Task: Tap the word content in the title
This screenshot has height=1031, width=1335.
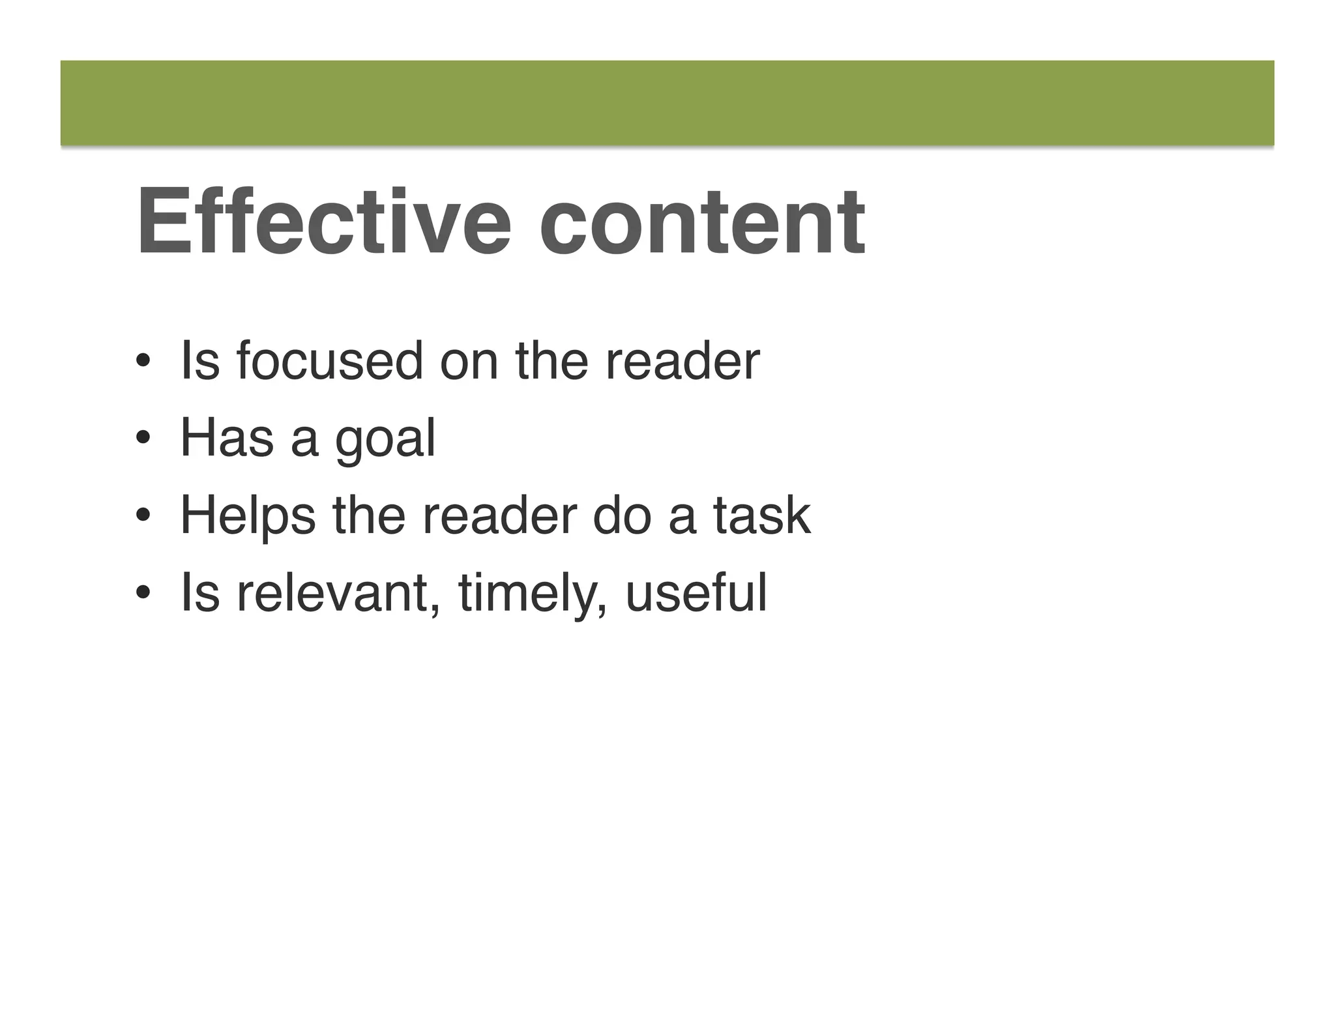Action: [702, 223]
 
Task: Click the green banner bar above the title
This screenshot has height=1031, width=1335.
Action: [667, 103]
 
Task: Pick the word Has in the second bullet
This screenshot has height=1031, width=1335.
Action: [227, 438]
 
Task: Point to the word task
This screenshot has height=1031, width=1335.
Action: [761, 515]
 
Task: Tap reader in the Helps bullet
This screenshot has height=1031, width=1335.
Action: [499, 515]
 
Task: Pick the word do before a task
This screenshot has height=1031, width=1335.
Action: [622, 515]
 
